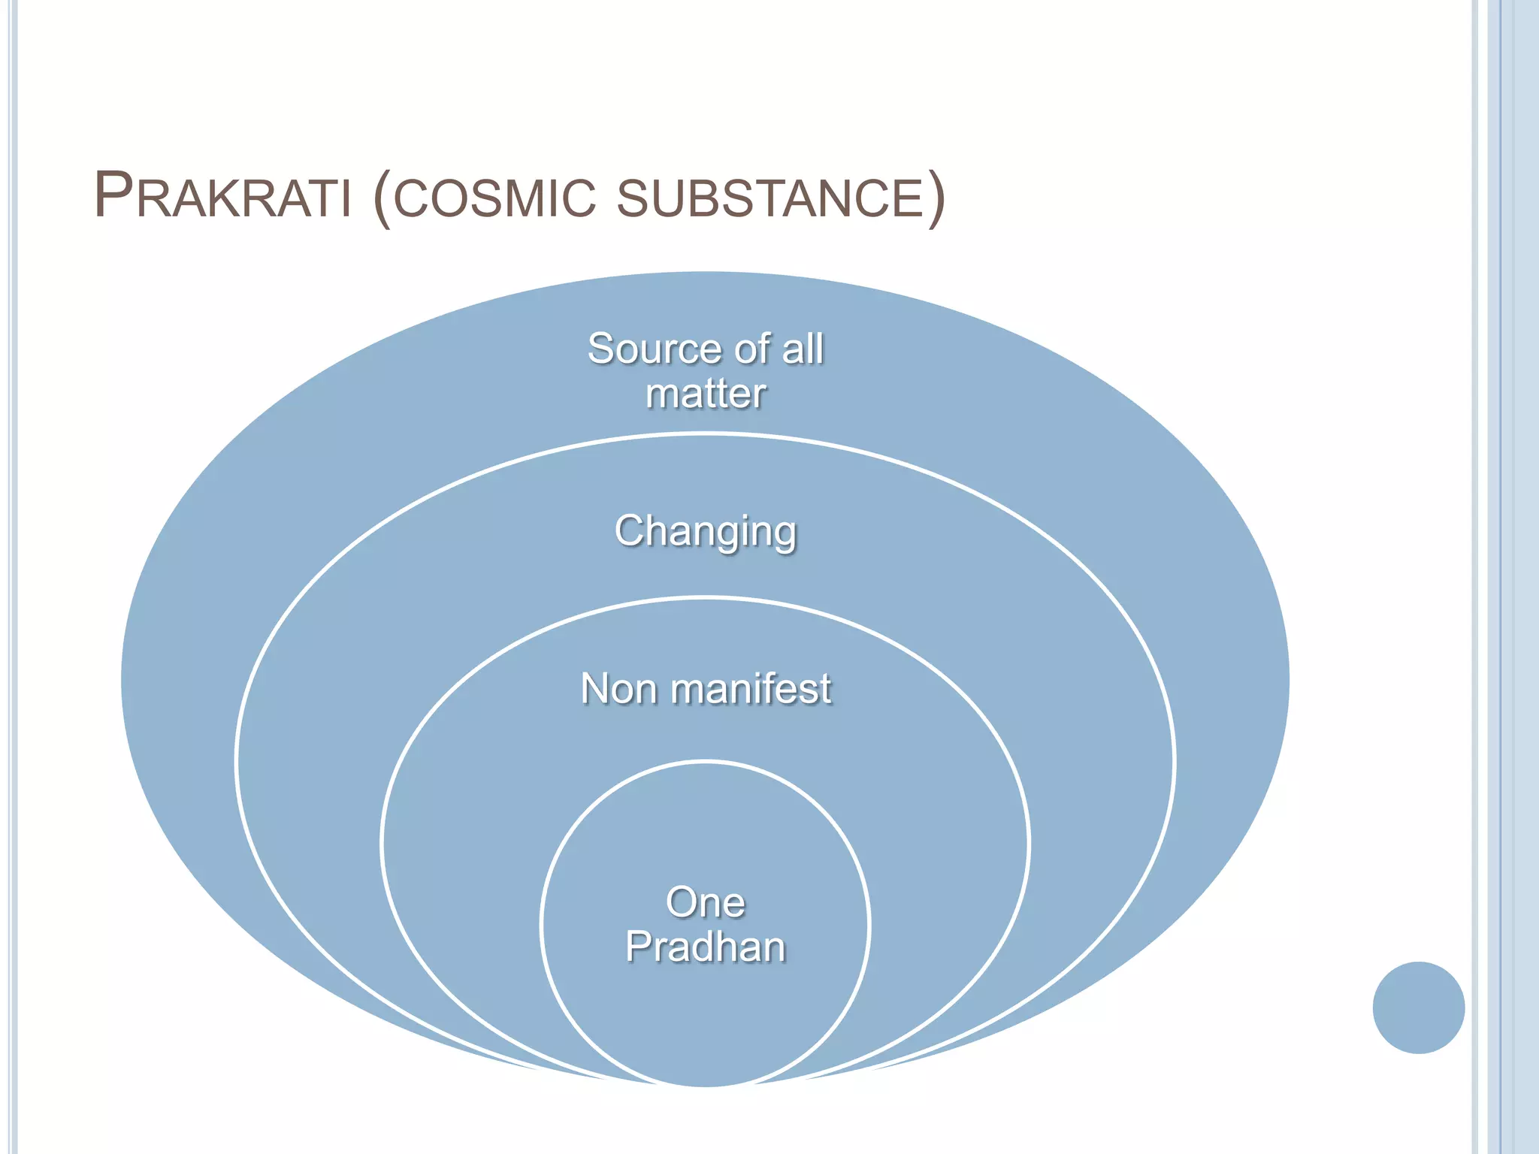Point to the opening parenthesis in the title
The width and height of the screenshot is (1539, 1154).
[382, 198]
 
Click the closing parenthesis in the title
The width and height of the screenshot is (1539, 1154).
[936, 198]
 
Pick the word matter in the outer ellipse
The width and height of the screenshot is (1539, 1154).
[706, 394]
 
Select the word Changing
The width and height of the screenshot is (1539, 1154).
[706, 532]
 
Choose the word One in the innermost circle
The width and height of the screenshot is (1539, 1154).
[705, 902]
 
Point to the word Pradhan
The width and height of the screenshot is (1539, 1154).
[705, 946]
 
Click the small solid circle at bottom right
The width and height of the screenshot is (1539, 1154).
[1418, 1007]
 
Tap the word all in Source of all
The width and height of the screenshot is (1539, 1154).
[803, 349]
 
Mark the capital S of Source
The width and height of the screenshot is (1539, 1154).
[601, 349]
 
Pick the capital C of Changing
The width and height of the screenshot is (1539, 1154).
[629, 530]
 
